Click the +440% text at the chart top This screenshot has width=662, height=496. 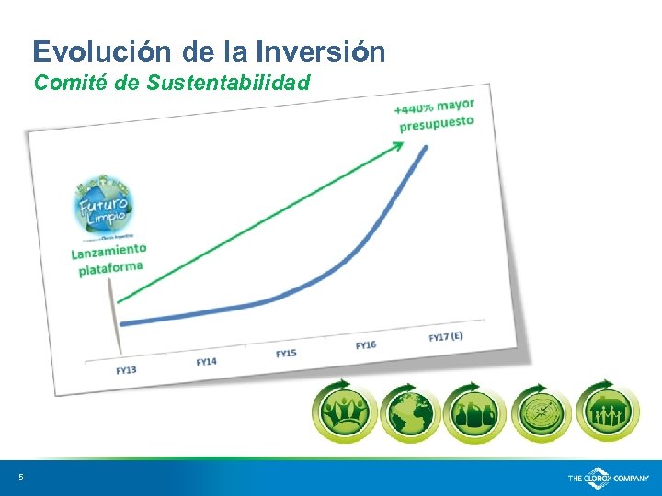coord(415,107)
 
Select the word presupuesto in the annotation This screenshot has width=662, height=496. coord(436,122)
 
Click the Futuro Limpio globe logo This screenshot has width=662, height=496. coord(105,206)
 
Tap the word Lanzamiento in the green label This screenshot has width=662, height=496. coord(108,251)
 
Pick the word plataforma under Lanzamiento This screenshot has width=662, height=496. coord(110,268)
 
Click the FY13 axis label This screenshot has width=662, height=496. coord(127,369)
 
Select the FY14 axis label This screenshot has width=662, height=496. coord(206,361)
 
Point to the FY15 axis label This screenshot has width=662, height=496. coord(286,353)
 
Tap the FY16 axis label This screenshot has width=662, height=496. coord(365,344)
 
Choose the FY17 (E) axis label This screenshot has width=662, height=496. coord(446,336)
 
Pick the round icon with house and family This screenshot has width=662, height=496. coord(609,411)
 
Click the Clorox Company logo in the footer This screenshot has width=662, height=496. coord(608,479)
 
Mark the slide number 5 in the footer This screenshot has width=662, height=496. coord(20,477)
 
